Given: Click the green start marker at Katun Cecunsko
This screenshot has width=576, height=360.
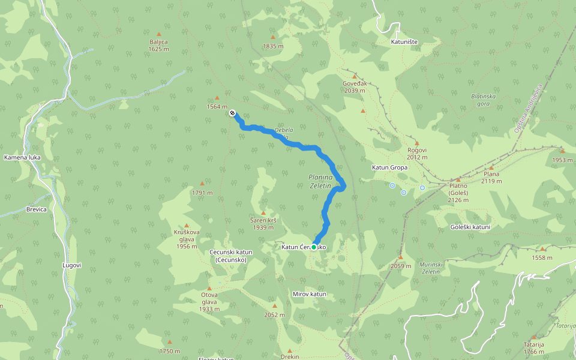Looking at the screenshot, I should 314,247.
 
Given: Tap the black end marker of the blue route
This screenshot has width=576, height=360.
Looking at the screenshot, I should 232,113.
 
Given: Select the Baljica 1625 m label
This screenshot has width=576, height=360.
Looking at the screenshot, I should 158,45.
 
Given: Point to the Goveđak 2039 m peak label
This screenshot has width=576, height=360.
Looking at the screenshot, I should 354,87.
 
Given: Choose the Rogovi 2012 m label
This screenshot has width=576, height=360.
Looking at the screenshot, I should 416,154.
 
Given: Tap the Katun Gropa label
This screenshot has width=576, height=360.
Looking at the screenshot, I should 389,167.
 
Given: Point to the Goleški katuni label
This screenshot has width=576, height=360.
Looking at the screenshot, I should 470,227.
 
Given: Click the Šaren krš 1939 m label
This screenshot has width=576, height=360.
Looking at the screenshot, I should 263,224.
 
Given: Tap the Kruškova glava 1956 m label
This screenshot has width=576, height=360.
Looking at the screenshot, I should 187,238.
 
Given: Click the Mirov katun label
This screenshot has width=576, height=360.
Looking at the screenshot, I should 309,294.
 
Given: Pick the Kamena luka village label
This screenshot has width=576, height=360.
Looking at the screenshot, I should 22,158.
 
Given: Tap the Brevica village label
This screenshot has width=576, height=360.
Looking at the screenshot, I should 36,210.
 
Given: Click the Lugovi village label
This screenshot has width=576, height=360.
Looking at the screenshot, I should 71,265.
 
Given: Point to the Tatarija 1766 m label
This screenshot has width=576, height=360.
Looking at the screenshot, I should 533,348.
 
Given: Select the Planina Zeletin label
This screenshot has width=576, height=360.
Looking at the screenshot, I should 320,181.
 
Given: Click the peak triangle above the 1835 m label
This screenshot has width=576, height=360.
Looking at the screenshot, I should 272,37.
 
